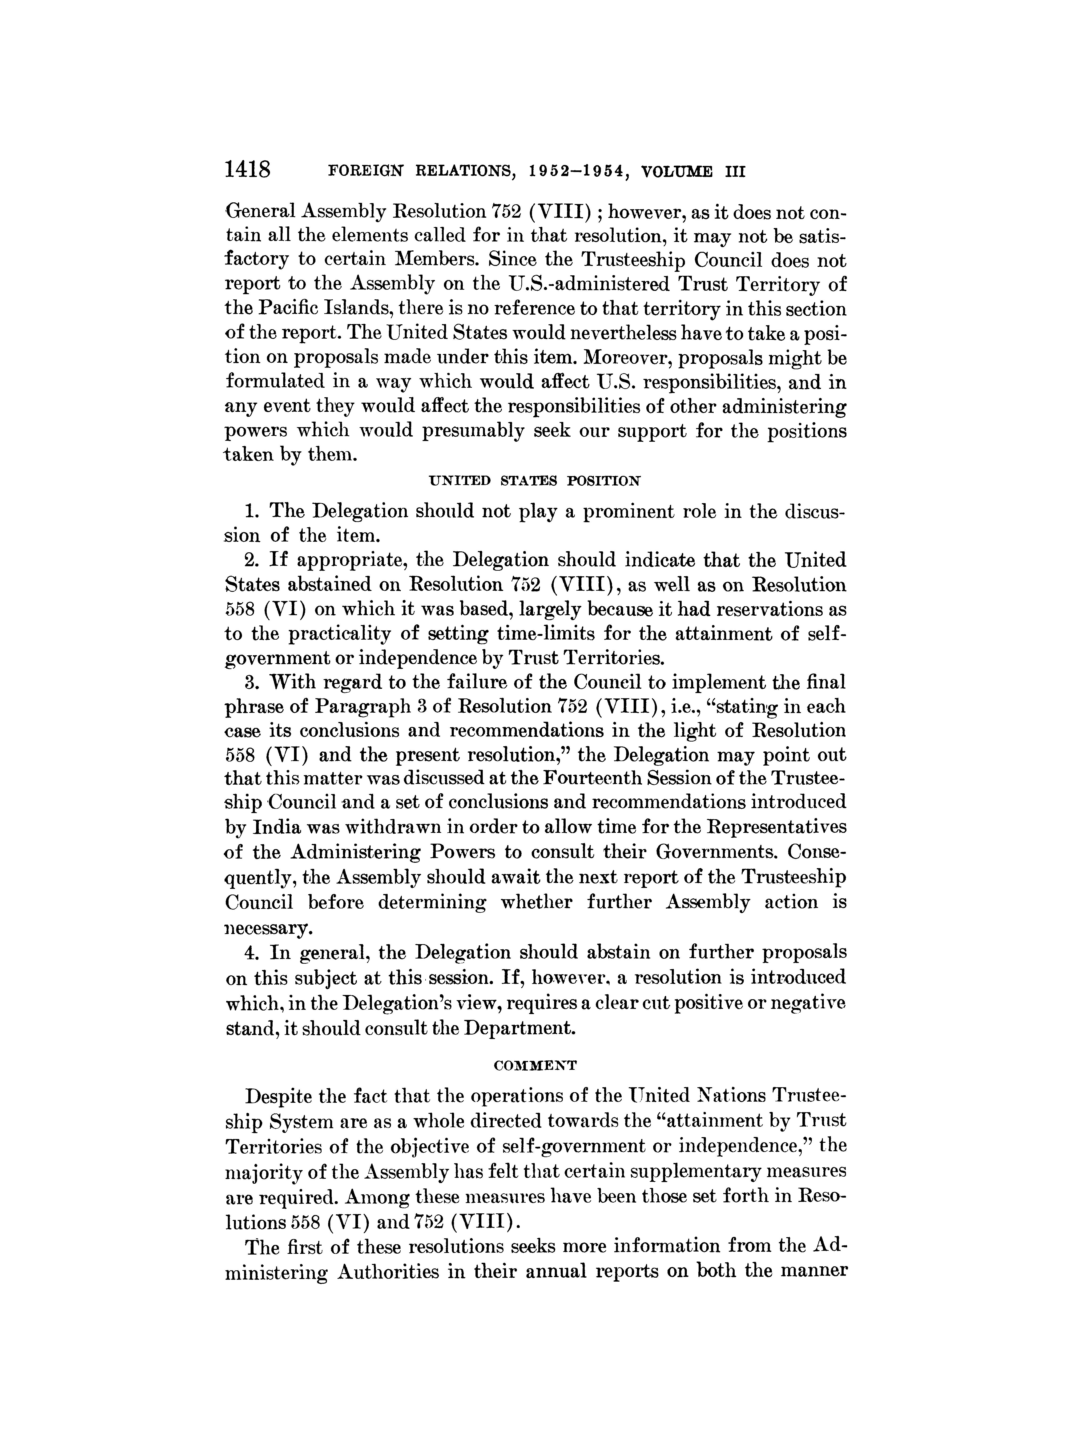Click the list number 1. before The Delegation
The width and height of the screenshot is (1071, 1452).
[253, 511]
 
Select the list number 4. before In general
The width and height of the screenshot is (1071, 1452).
[253, 952]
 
